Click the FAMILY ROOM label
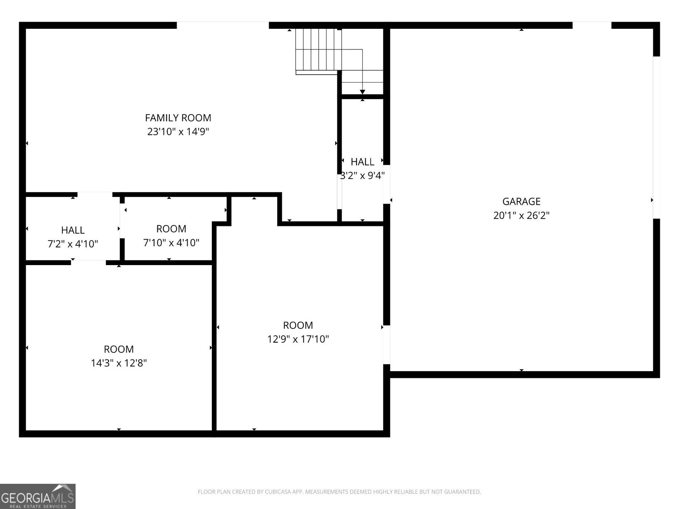pyautogui.click(x=178, y=117)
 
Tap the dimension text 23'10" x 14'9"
pyautogui.click(x=178, y=131)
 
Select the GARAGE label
pyautogui.click(x=521, y=201)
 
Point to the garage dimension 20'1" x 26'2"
pyautogui.click(x=521, y=215)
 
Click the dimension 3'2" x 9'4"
pyautogui.click(x=362, y=176)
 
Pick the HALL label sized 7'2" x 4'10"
pyautogui.click(x=73, y=230)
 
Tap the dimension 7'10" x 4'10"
pyautogui.click(x=171, y=243)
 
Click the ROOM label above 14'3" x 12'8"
pyautogui.click(x=118, y=349)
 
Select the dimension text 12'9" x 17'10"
pyautogui.click(x=298, y=339)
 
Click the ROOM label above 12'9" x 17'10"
pyautogui.click(x=298, y=325)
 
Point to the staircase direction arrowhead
pyautogui.click(x=362, y=92)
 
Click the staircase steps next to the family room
pyautogui.click(x=318, y=50)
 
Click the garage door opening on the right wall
pyautogui.click(x=656, y=137)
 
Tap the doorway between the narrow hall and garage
pyautogui.click(x=387, y=184)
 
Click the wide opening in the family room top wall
pyautogui.click(x=223, y=25)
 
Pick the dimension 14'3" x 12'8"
pyautogui.click(x=118, y=363)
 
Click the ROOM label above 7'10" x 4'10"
pyautogui.click(x=171, y=229)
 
